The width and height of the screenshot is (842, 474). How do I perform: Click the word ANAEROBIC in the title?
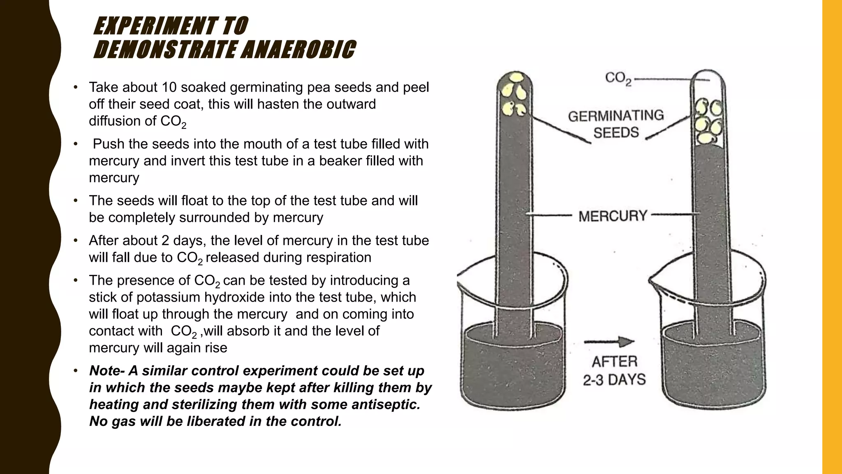(x=298, y=50)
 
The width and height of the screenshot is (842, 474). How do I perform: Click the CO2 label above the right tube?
(x=618, y=78)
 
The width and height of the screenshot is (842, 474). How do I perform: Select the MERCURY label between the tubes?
(x=613, y=216)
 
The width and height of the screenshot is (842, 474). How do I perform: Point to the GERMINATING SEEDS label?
(x=616, y=124)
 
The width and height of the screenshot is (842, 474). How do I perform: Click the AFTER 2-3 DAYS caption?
(x=614, y=371)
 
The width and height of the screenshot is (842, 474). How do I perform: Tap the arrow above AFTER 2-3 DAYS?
(x=609, y=342)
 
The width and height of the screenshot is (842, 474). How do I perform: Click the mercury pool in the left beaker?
(x=512, y=366)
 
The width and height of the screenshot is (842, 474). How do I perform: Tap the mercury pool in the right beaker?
(x=713, y=366)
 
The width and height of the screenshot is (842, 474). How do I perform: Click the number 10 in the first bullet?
(x=169, y=87)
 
